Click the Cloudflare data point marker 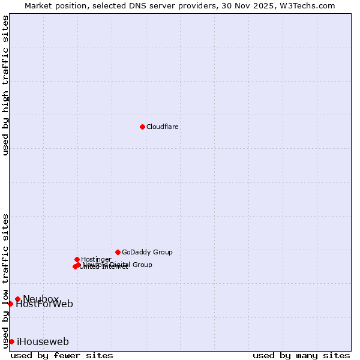click(x=142, y=127)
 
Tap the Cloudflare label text click(x=163, y=127)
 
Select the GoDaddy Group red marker click(x=118, y=252)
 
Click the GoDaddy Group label click(x=147, y=253)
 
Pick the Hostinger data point click(x=77, y=259)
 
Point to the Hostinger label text click(x=96, y=260)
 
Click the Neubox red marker click(x=17, y=299)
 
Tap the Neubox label click(x=41, y=299)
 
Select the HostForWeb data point click(x=10, y=304)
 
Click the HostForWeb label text click(x=44, y=304)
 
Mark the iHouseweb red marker click(x=11, y=341)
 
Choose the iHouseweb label click(x=43, y=342)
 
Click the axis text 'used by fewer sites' click(x=62, y=355)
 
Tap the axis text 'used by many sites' click(x=301, y=355)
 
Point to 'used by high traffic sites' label click(x=5, y=85)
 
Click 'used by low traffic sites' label click(x=5, y=280)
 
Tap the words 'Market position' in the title click(x=53, y=5)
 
